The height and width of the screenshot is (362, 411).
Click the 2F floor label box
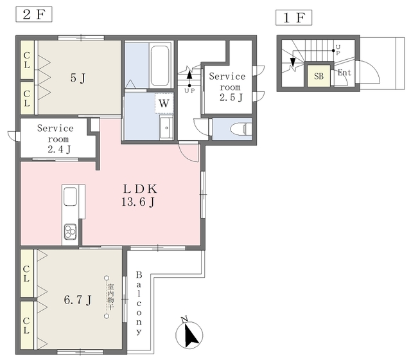pos(34,14)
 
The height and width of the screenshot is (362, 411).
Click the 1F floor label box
pos(294,17)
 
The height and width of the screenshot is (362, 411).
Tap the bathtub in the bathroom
pos(160,66)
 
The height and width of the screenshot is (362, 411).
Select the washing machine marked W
pos(164,104)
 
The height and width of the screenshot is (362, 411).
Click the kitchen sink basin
pos(70,196)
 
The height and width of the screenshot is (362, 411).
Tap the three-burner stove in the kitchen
pos(70,231)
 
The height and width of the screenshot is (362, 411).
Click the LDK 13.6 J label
pos(139,195)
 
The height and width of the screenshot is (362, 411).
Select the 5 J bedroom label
pos(78,78)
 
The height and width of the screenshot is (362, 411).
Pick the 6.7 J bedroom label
pos(78,300)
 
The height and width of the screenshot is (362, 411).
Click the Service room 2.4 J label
pos(56,139)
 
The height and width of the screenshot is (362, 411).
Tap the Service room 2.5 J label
pos(227,87)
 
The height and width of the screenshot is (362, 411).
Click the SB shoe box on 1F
pos(319,76)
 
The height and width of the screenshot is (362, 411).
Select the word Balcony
pos(139,303)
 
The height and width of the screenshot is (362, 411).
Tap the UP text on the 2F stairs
pos(189,91)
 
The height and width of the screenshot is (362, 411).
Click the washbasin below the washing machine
pos(166,128)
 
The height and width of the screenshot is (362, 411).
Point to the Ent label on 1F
pos(344,73)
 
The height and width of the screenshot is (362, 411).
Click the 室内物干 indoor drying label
pos(110,296)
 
